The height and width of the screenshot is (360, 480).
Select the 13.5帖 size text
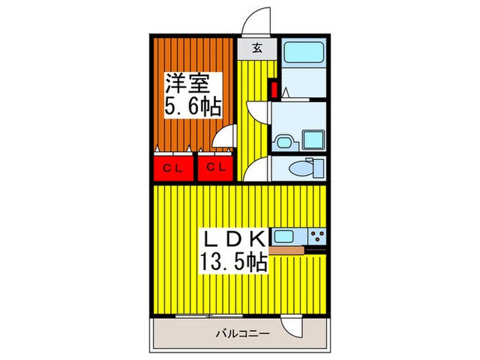tap(230, 262)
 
